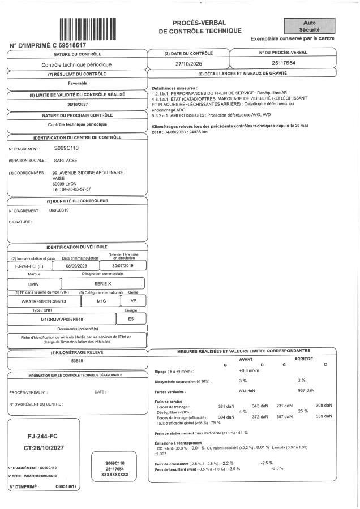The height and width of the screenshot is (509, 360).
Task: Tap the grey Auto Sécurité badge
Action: click(x=310, y=25)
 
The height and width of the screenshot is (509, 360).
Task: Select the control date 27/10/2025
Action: click(x=187, y=64)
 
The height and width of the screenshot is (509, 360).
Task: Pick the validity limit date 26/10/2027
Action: click(x=78, y=104)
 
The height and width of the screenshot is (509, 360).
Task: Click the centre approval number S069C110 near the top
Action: click(x=66, y=148)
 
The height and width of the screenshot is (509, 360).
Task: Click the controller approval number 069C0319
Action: click(x=59, y=210)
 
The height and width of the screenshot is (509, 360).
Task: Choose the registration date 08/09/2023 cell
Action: click(x=76, y=265)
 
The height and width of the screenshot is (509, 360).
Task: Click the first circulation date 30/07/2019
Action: click(x=125, y=265)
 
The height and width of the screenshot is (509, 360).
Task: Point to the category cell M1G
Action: click(x=101, y=301)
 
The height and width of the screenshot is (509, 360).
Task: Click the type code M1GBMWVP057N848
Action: click(x=62, y=319)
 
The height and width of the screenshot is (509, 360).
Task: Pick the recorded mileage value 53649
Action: click(x=77, y=360)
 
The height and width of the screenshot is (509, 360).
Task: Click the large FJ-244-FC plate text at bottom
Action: click(x=45, y=437)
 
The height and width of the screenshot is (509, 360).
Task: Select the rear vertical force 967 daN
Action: click(x=306, y=391)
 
